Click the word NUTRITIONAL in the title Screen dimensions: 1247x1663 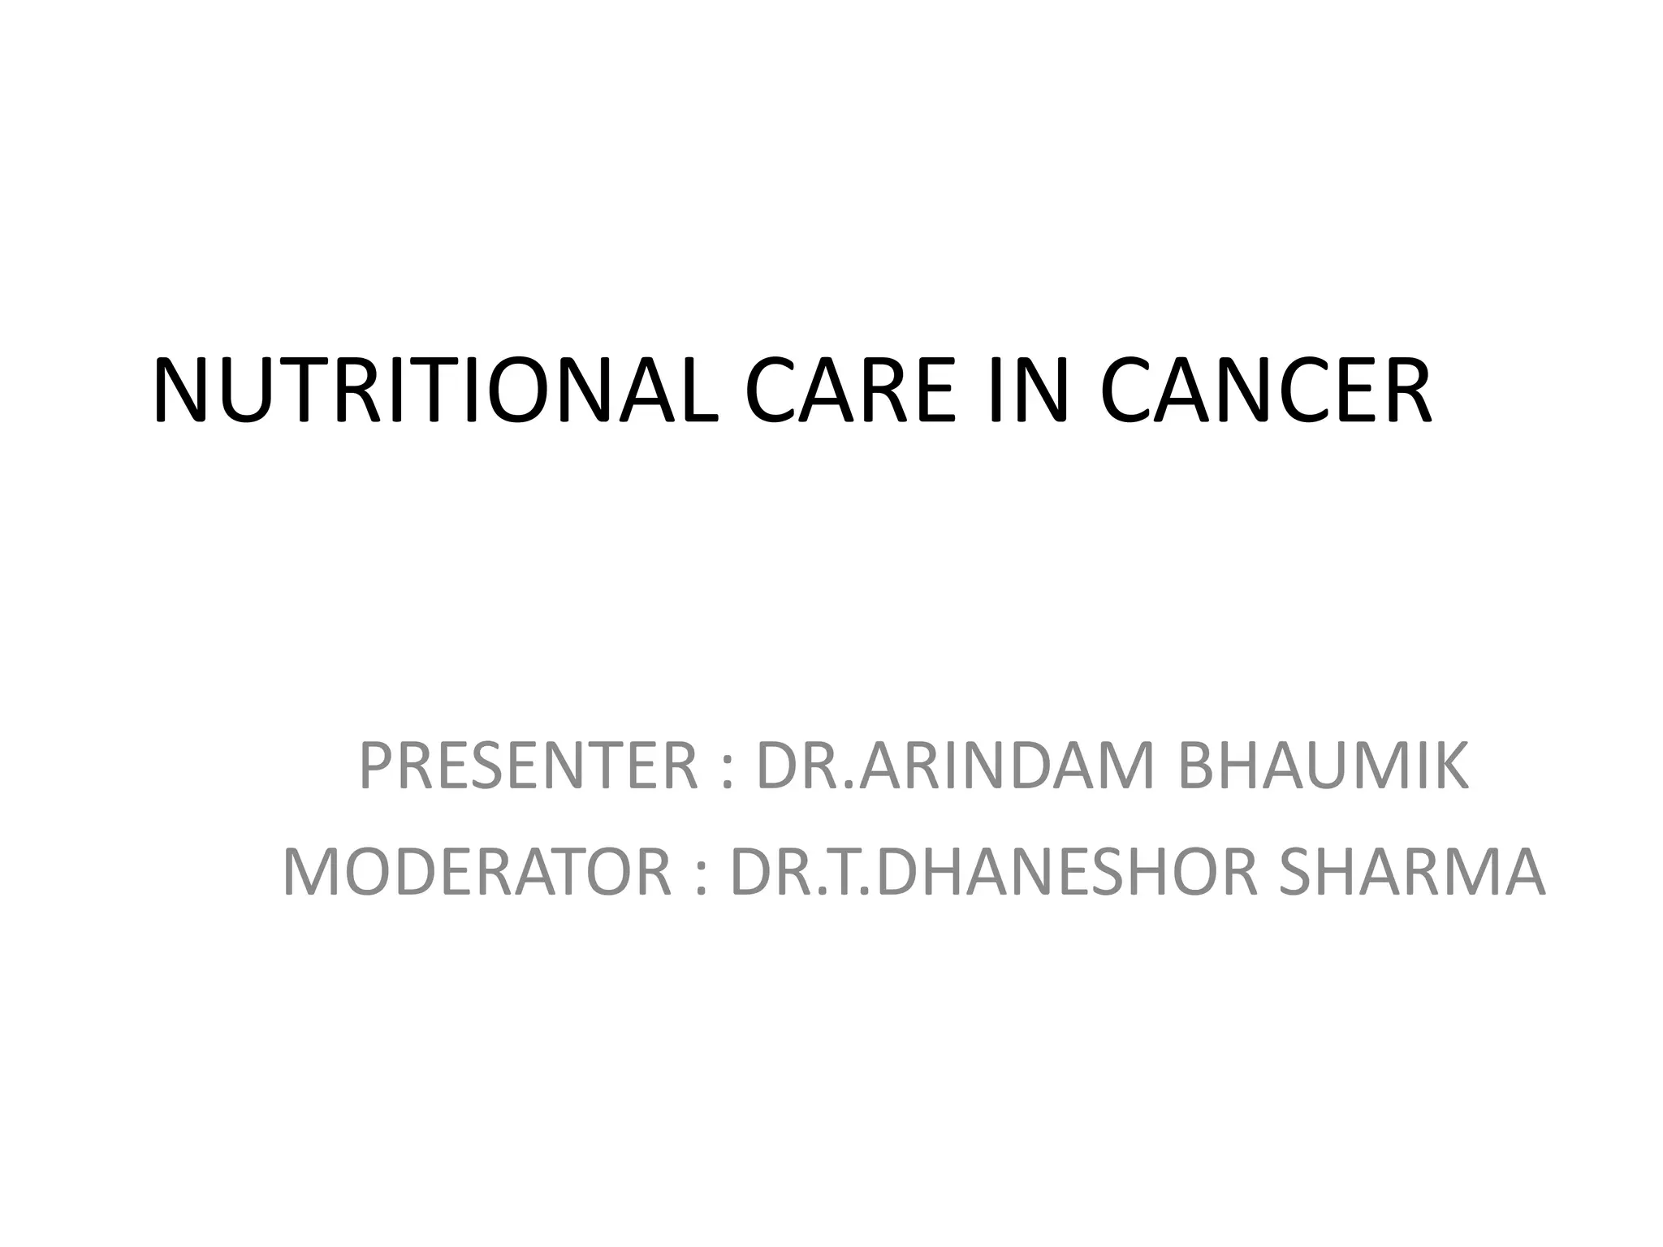tap(434, 390)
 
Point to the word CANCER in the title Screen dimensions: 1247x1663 tap(1265, 390)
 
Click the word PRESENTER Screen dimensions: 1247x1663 tap(528, 766)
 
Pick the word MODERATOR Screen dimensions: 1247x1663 tap(477, 872)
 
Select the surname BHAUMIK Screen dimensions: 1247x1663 tap(1323, 766)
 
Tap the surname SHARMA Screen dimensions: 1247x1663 tap(1411, 872)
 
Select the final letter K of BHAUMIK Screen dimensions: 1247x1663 tap(1450, 766)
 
